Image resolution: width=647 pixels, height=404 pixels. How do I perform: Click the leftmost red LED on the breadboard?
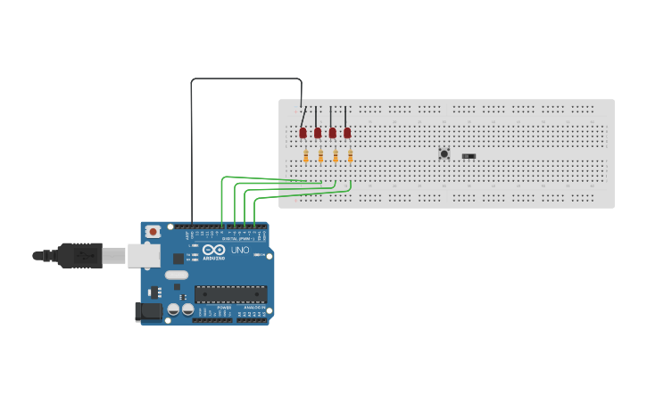click(x=303, y=133)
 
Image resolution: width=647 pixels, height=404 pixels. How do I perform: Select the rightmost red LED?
click(x=347, y=133)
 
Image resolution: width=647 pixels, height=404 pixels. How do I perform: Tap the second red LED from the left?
click(x=318, y=133)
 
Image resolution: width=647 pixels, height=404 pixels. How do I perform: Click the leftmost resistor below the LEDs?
click(x=306, y=157)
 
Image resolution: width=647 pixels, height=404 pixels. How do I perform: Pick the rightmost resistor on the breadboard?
click(x=351, y=157)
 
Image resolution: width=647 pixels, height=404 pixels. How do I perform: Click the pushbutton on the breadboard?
click(x=444, y=153)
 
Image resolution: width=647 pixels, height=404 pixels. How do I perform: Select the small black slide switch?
click(x=469, y=156)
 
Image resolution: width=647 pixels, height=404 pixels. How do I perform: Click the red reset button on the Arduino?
click(x=153, y=232)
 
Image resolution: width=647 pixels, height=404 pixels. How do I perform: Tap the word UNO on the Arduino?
click(x=240, y=251)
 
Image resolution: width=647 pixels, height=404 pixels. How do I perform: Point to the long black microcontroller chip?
click(x=230, y=293)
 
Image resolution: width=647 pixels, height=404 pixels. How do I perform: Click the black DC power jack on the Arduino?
click(x=147, y=311)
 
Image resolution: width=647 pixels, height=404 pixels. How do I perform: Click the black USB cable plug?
click(x=79, y=255)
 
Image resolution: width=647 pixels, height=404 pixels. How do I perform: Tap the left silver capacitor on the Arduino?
click(x=173, y=309)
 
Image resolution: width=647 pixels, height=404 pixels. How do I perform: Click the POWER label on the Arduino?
click(x=224, y=307)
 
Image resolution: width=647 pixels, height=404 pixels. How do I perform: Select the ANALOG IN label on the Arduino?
click(x=254, y=307)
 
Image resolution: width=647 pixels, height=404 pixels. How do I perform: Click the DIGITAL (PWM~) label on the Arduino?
click(x=236, y=239)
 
